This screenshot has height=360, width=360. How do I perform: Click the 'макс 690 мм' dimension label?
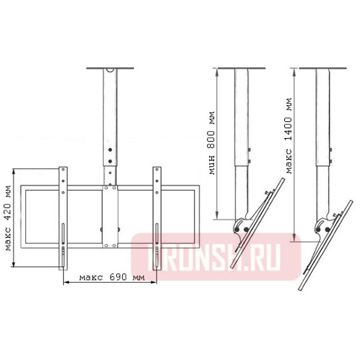[112, 277]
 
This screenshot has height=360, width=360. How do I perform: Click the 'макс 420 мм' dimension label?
[8, 218]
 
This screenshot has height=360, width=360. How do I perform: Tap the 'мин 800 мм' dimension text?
[212, 143]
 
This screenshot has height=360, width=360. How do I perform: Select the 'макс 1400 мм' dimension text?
[289, 136]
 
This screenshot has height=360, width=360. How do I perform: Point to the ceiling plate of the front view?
[110, 68]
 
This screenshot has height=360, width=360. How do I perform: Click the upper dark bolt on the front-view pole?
[110, 149]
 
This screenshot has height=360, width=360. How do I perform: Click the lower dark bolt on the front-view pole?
[110, 161]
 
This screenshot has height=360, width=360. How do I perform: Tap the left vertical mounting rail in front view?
[63, 218]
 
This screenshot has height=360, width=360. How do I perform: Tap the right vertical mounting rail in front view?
[157, 218]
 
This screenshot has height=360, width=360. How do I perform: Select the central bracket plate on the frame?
[110, 217]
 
